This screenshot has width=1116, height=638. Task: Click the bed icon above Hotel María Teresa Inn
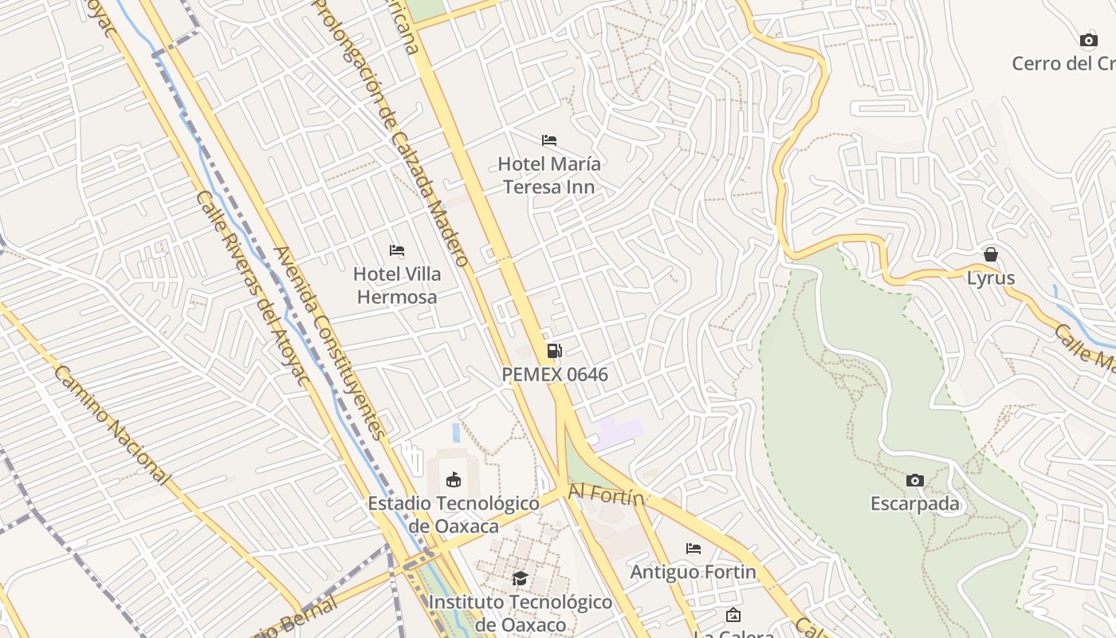(548, 140)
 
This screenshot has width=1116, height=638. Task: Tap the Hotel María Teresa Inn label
(548, 175)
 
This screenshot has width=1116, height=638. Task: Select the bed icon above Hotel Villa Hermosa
(397, 250)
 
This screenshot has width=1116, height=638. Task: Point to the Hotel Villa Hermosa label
(397, 285)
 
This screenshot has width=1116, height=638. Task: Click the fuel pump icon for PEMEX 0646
(554, 351)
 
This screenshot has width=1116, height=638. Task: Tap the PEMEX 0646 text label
(555, 374)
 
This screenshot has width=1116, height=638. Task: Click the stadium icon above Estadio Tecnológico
(453, 479)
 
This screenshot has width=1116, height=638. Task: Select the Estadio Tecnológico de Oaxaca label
(453, 514)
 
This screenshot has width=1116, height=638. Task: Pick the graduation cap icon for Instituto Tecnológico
(520, 578)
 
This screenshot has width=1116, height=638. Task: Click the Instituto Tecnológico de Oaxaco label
(520, 612)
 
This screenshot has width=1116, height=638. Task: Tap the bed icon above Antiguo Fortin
(694, 549)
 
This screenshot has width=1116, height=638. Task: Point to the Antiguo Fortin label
(694, 572)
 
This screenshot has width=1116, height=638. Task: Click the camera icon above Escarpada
(915, 480)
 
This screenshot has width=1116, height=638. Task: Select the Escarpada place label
(915, 504)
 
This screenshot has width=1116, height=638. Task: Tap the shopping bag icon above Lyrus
(991, 254)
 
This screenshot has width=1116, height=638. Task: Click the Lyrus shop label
(991, 278)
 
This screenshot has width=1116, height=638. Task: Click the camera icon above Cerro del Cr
(1089, 40)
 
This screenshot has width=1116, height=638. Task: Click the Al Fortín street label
(606, 496)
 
